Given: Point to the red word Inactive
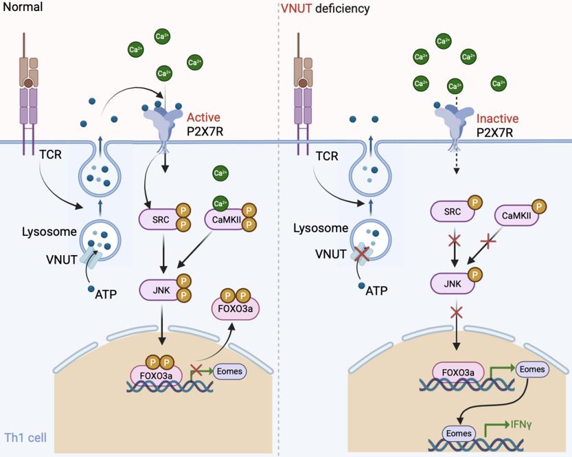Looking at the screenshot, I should click(497, 118).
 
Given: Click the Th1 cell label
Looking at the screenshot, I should click(25, 437).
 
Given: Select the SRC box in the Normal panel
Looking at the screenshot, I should click(158, 219).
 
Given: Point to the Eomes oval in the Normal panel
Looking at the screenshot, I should click(230, 371).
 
